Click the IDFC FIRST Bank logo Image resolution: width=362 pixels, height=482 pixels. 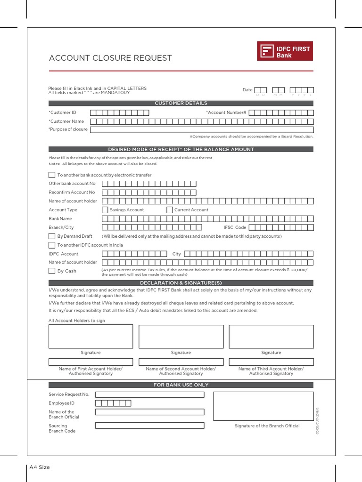coord(284,51)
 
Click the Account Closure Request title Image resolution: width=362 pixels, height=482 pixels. coord(110,58)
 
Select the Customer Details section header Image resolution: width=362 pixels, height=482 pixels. coord(181,103)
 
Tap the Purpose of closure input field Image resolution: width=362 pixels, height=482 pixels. coord(201,129)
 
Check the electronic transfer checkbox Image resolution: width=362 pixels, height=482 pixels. coord(52,175)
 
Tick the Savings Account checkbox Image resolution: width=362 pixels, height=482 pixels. coord(105,210)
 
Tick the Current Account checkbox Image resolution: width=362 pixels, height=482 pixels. coord(170,210)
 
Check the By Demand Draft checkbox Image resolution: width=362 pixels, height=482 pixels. coord(52,236)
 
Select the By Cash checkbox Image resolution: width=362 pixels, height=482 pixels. coord(52,271)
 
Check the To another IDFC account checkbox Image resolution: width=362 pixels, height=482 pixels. coord(52,245)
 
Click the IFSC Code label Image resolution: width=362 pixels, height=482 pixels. coord(235,227)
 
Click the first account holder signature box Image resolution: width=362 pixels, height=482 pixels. coord(90,337)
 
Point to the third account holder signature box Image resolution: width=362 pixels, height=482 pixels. coord(271,337)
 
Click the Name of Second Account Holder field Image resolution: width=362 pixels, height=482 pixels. coord(181,361)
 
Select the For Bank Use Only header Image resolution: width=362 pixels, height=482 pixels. coord(181,385)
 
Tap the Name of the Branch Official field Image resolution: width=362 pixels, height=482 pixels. coord(149,412)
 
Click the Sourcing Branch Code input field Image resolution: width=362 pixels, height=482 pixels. coord(149,426)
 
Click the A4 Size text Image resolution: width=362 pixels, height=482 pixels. coord(40,467)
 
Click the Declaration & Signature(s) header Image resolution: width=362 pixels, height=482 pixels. coord(181,283)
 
